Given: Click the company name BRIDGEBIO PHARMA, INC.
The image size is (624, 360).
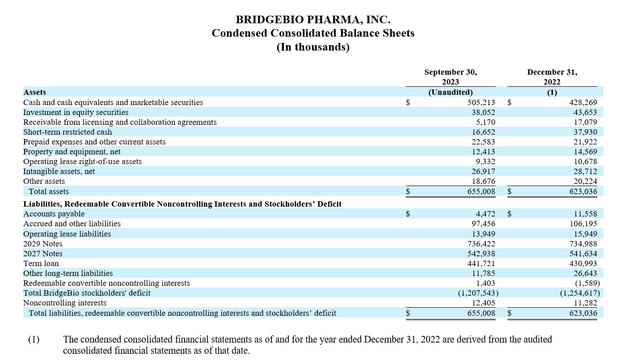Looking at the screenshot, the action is (x=313, y=20).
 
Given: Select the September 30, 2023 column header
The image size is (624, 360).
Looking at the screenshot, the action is (x=451, y=77).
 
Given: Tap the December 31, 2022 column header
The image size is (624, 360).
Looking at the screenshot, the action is (x=552, y=77).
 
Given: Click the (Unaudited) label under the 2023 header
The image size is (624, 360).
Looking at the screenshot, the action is (x=451, y=92).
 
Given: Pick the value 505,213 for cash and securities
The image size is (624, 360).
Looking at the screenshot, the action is (x=481, y=102).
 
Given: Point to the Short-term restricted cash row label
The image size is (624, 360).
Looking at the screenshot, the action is (x=67, y=132).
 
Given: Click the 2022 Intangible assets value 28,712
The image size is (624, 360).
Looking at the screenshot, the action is (x=585, y=171).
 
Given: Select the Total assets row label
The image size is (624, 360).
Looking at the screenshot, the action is (x=49, y=191).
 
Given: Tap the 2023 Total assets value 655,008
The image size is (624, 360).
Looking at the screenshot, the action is (x=481, y=191).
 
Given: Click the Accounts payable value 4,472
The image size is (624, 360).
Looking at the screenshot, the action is (x=485, y=214).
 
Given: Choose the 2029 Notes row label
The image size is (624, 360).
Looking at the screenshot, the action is (x=42, y=244).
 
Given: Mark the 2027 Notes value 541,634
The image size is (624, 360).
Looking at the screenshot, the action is (x=583, y=254).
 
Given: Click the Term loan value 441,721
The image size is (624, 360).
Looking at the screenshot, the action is (x=481, y=263).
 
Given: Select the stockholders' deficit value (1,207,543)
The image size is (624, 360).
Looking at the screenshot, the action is (x=478, y=293).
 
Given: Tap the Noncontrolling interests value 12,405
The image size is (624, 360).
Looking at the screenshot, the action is (x=483, y=303).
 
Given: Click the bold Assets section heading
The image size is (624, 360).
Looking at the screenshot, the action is (x=34, y=92).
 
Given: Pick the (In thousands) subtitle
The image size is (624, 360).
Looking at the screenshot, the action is (x=313, y=47).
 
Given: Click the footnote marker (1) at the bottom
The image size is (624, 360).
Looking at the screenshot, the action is (x=34, y=339).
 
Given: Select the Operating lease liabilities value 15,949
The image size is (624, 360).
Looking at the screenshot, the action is (x=585, y=234).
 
